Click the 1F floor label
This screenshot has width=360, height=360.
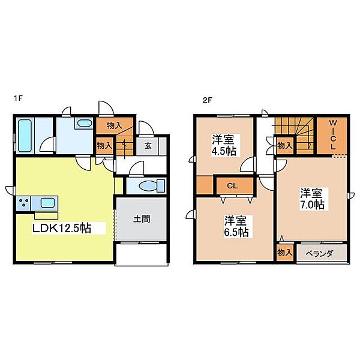tap(19, 98)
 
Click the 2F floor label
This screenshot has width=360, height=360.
tap(207, 100)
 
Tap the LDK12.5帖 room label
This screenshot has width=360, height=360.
tap(62, 228)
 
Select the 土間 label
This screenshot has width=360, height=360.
tap(142, 219)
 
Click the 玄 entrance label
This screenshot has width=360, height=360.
tap(148, 146)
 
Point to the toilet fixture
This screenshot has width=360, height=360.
tap(152, 186)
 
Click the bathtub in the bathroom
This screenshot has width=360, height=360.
tap(25, 136)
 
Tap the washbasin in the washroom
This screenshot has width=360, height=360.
tap(84, 123)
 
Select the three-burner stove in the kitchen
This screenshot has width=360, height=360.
tap(24, 203)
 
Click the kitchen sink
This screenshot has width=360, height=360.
tap(47, 203)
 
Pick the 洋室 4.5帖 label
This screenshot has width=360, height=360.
tap(223, 145)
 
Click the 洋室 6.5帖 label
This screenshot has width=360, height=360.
tap(236, 226)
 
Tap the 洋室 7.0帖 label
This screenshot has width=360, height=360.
tap(312, 199)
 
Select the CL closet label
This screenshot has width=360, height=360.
tap(232, 186)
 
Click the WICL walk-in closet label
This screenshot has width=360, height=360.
tap(333, 134)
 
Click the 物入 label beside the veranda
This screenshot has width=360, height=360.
tap(284, 253)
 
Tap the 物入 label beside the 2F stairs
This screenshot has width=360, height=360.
tap(284, 146)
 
